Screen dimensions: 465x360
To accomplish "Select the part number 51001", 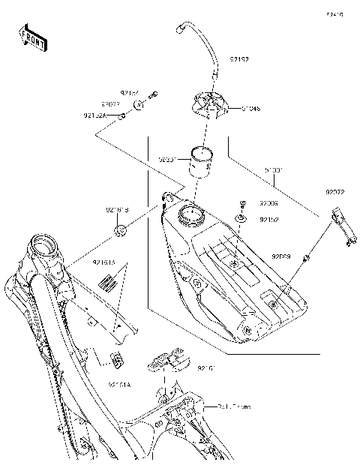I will pos(272,170).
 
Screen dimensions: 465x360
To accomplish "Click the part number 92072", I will pos(334,193).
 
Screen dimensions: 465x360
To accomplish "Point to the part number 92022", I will pos(111,104).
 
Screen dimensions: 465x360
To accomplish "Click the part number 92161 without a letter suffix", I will pos(208,369).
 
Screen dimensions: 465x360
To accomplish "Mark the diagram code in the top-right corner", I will pos(334,14).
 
